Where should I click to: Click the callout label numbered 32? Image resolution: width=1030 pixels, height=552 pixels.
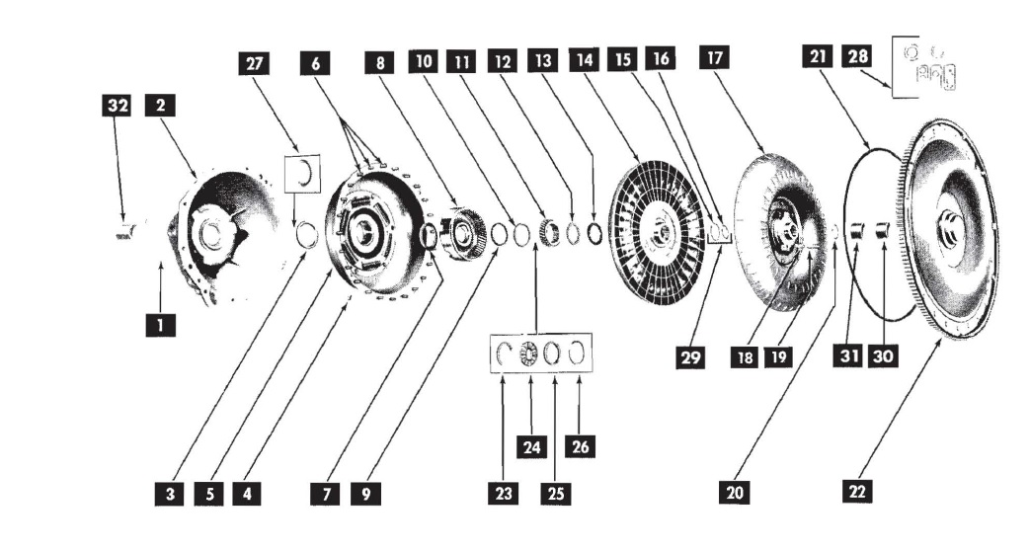point(119,106)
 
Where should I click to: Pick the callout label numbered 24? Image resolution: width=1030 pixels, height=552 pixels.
point(531,446)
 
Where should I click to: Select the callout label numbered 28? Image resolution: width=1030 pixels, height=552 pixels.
point(855,58)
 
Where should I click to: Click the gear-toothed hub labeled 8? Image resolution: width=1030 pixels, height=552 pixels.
point(463,235)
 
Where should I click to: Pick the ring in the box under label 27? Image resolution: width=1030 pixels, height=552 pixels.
point(305,172)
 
